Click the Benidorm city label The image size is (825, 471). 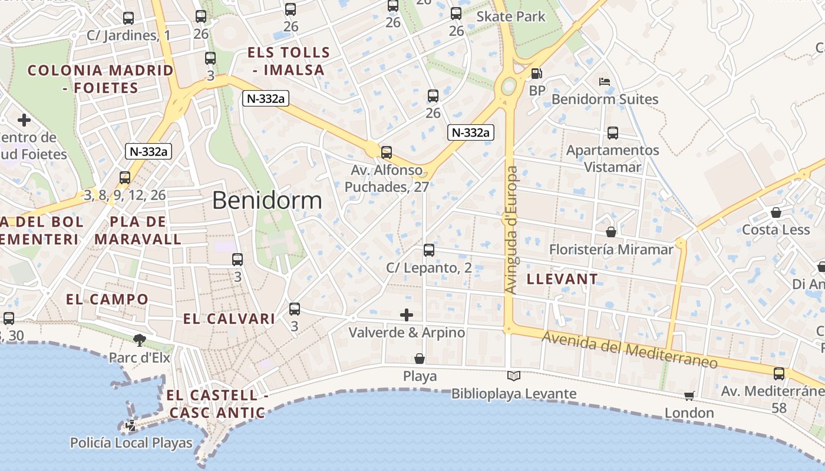tap(267, 201)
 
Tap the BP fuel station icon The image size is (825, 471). tap(537, 74)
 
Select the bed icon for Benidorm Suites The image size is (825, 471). tap(604, 82)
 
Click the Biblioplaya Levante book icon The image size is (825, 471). tap(514, 376)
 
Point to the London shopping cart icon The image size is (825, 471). tap(689, 396)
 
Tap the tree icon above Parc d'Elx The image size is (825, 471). tap(140, 339)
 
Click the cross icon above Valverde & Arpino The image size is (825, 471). tap(407, 315)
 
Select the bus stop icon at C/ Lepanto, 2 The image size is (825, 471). tap(429, 250)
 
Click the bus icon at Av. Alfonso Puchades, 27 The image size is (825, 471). tap(387, 152)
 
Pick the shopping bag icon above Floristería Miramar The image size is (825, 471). tap(611, 232)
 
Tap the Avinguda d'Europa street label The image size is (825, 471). tap(511, 230)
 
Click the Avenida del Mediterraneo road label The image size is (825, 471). tap(630, 350)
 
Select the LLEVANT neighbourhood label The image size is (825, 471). tap(562, 279)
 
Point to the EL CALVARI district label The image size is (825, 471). tap(229, 319)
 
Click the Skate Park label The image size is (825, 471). tap(511, 16)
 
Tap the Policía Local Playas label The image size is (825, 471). tap(131, 443)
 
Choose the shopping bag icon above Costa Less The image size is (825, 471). tap(776, 212)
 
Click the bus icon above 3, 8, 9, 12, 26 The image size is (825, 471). tap(125, 177)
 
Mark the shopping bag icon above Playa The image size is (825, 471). tap(420, 358)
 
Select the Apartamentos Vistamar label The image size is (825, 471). tap(613, 158)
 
